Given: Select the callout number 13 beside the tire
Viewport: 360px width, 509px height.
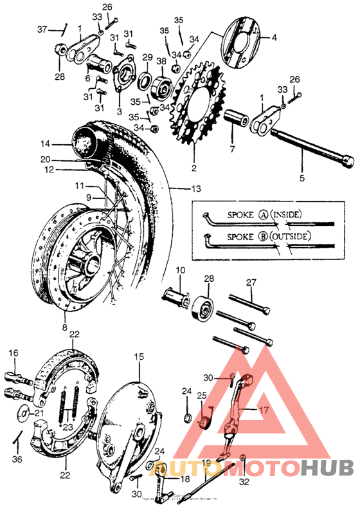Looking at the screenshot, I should [196, 189].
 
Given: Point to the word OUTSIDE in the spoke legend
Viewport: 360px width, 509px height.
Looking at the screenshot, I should [300, 237].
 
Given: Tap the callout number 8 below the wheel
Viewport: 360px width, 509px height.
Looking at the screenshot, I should [64, 327].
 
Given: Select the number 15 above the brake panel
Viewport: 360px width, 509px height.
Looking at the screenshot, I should [138, 355].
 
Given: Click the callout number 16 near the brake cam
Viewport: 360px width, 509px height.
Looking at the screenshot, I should [14, 353].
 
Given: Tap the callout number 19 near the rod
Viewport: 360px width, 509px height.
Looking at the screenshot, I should [206, 463].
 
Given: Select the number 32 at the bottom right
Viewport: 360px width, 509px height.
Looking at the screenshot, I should [244, 480].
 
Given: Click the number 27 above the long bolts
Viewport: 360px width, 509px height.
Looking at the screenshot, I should [251, 281].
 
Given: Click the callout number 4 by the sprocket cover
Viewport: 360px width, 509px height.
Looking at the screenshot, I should [274, 38].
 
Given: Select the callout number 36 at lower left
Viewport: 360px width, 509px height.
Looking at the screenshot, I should [17, 459].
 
